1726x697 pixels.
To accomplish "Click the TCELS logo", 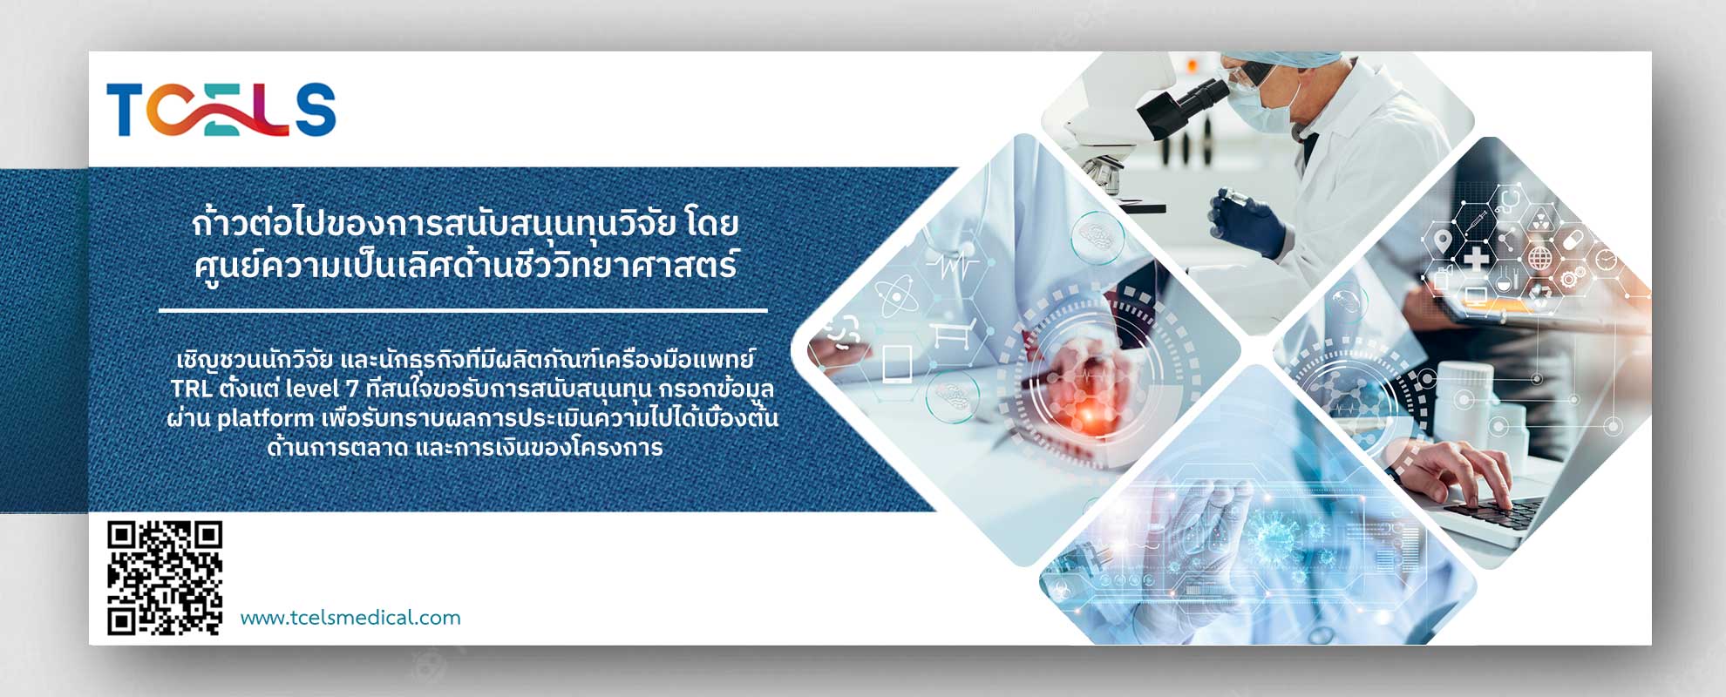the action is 221,110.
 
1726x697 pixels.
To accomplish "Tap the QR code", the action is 165,578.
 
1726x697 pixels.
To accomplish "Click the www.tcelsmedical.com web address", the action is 350,618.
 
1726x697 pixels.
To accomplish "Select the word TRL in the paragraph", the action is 191,389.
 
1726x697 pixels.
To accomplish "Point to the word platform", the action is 265,419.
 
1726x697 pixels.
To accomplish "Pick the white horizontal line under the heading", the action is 463,310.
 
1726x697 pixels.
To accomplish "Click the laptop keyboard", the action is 1491,512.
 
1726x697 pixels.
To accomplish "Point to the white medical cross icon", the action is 1475,259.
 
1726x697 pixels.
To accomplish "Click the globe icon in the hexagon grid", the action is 1540,259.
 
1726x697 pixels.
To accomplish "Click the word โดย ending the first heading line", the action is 711,224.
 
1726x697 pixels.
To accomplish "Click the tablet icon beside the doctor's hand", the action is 897,364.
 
